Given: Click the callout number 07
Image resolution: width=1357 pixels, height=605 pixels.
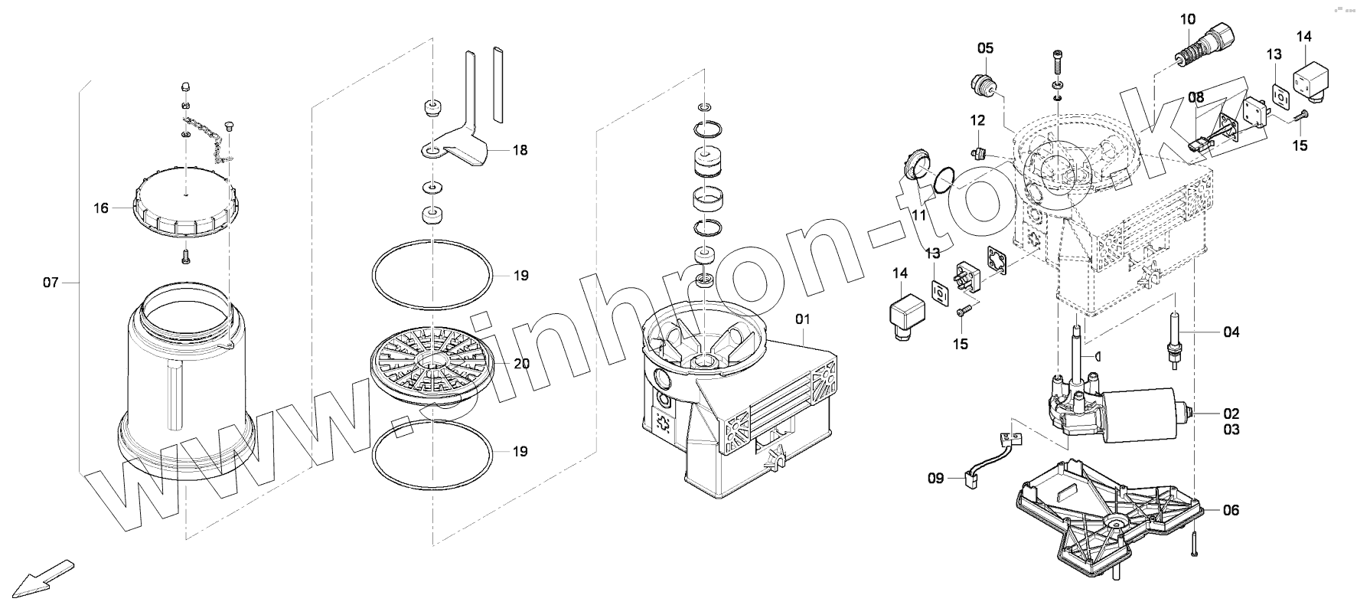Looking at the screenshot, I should pos(50,283).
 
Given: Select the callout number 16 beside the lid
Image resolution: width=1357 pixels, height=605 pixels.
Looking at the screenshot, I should pos(101,208).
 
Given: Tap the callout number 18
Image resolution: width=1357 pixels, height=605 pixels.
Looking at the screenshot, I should pos(520,150).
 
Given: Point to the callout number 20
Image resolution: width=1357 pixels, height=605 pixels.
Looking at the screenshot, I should pos(521,364).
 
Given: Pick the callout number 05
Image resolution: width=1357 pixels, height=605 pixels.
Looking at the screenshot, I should pos(984,48).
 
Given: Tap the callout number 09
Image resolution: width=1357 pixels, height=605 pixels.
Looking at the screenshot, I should pos(935,479).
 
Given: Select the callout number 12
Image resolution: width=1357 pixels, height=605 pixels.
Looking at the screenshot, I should pos(978,120).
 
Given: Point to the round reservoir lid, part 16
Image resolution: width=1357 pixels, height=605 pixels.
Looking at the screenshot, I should pos(184,205).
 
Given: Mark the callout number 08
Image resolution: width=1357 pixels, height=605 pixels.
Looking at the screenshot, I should pos(1196,97).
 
